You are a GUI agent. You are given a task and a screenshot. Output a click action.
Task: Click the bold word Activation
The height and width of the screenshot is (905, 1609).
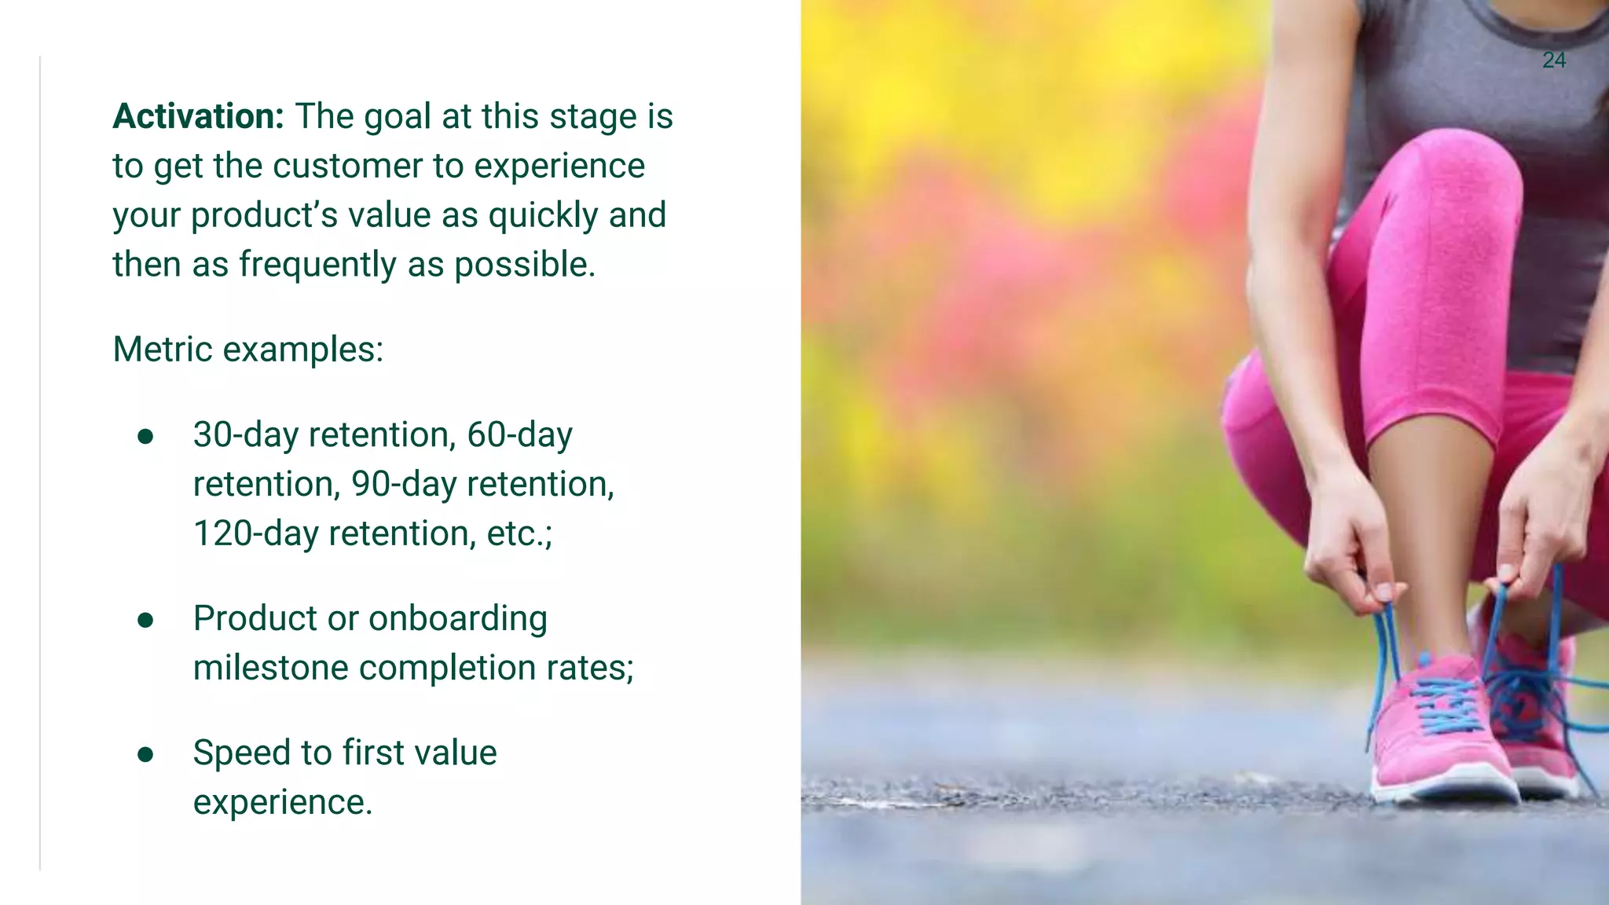(198, 116)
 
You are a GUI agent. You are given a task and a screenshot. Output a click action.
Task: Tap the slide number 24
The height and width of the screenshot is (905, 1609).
(1553, 60)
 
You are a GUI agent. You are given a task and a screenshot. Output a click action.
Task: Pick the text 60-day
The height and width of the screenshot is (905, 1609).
(519, 435)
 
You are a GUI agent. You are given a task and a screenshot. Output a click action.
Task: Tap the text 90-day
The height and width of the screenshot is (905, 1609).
(403, 485)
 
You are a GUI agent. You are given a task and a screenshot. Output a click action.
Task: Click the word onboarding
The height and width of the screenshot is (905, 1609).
(457, 619)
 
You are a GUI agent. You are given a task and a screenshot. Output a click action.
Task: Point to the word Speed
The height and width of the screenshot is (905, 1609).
(240, 753)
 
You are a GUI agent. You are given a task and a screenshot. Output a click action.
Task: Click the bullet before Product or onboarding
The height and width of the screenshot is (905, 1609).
(145, 621)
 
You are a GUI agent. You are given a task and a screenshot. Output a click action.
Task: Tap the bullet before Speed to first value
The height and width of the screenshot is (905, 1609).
(145, 755)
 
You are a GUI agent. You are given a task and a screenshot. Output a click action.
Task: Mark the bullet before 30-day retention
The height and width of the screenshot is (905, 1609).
(145, 437)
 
